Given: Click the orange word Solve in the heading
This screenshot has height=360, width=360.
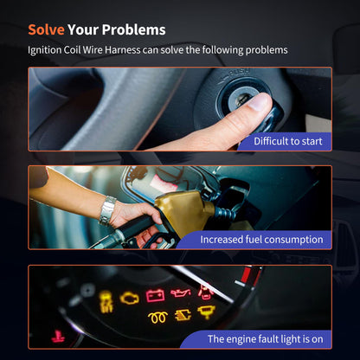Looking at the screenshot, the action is pos(46,29).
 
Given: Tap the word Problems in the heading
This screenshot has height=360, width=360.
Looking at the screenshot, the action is pos(133,29).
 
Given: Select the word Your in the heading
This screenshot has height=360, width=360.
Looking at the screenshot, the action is pos(83,29).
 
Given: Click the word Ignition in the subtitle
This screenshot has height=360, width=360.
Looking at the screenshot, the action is pos(44,50).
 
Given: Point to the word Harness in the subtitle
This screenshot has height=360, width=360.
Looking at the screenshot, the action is pos(122,50).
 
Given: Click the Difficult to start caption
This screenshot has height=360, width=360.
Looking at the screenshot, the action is pos(288,141).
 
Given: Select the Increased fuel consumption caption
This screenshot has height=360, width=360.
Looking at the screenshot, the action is pos(261,240).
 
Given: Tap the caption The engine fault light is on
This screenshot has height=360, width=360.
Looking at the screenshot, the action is pos(266,339).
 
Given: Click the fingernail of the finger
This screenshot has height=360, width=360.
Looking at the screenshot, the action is pos(259,102).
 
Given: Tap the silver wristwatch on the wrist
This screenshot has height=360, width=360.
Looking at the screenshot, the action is pos(107,210).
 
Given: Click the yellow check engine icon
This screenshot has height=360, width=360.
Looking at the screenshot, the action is pos(130,299).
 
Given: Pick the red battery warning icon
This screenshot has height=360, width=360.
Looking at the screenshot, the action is pos(155,296).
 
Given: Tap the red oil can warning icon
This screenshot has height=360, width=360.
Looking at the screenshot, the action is pos(181,292).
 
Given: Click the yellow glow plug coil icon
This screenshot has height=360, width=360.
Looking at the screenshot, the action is pos(157,318).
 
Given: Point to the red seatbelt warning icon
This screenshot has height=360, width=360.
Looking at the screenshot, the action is pos(205,292).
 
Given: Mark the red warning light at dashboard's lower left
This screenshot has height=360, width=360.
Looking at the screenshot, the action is pos(58,337).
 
